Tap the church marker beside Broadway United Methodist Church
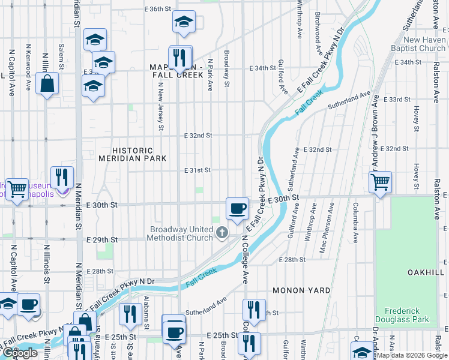click(x=222, y=232)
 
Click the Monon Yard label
click(x=301, y=290)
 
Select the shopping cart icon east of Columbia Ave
click(x=381, y=182)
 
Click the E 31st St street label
click(x=197, y=170)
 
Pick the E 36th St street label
click(x=158, y=9)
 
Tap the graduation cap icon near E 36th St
click(x=183, y=23)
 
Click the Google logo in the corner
click(x=20, y=353)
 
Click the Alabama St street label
click(x=146, y=312)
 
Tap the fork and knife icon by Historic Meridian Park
click(x=62, y=177)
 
